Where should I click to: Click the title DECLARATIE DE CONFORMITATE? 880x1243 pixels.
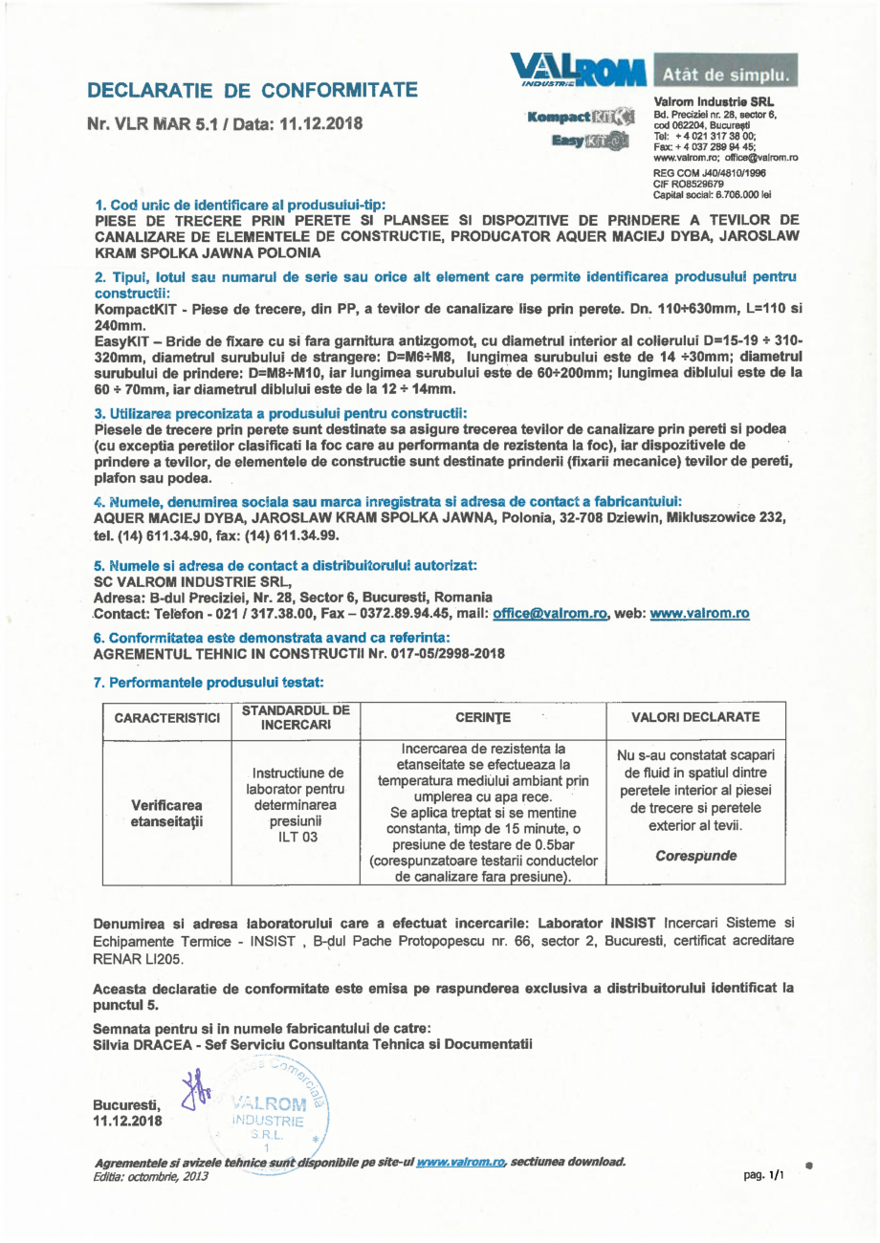click(x=252, y=91)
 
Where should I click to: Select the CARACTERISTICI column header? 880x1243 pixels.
click(x=167, y=717)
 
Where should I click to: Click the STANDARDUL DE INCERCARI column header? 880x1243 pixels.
click(x=296, y=717)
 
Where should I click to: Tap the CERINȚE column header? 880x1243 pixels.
click(x=483, y=717)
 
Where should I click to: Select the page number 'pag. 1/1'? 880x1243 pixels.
click(x=763, y=1176)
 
